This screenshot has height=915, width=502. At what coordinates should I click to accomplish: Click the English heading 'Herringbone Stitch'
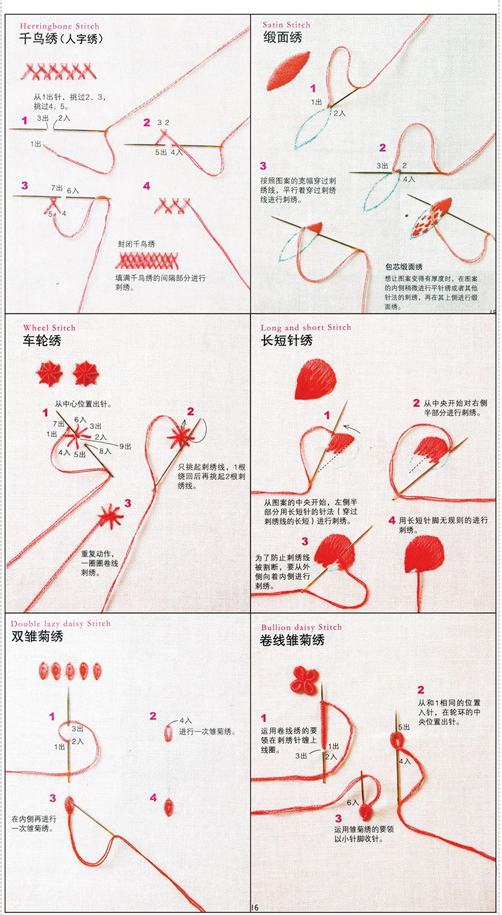pyautogui.click(x=60, y=26)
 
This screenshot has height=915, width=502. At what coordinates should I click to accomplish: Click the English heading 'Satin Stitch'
pyautogui.click(x=286, y=25)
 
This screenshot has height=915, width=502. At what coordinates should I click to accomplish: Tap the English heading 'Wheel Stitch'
pyautogui.click(x=50, y=328)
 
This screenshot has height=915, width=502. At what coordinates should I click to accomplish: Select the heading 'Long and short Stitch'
pyautogui.click(x=306, y=327)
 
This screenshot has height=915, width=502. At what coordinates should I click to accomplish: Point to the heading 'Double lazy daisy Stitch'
pyautogui.click(x=61, y=624)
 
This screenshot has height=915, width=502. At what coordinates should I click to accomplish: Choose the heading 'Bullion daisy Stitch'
pyautogui.click(x=301, y=627)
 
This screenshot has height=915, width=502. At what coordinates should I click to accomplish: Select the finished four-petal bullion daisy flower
pyautogui.click(x=305, y=681)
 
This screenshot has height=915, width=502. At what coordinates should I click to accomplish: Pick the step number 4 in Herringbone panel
pyautogui.click(x=147, y=186)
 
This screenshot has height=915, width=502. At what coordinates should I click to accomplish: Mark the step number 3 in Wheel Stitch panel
pyautogui.click(x=128, y=503)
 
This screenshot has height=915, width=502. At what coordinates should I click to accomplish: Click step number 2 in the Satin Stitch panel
pyautogui.click(x=383, y=148)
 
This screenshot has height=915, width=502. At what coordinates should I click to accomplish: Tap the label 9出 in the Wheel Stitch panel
pyautogui.click(x=126, y=446)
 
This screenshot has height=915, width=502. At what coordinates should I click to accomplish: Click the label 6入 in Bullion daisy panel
pyautogui.click(x=353, y=802)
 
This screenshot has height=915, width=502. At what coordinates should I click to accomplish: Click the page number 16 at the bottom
pyautogui.click(x=254, y=908)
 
